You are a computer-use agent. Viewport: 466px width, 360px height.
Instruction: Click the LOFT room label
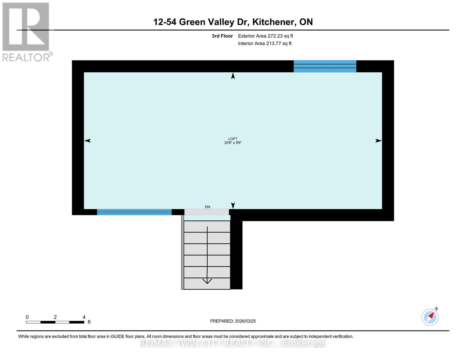tap(233, 139)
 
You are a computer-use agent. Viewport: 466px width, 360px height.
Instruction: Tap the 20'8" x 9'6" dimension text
tap(233, 143)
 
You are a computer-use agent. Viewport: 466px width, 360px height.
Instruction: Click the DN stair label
tap(207, 207)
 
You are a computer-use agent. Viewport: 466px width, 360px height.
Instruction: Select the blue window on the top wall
tap(325, 66)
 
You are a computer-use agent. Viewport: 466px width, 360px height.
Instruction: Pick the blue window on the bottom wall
tap(134, 212)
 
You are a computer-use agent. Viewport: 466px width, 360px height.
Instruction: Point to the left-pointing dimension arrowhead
tap(87, 141)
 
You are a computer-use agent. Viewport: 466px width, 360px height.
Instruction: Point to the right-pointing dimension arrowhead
tap(378, 141)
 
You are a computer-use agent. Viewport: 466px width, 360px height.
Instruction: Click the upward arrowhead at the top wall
tap(233, 76)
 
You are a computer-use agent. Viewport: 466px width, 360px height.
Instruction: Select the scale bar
tap(55, 322)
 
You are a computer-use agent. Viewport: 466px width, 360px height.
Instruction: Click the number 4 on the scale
tap(84, 317)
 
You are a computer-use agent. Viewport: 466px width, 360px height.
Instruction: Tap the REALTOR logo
tap(26, 31)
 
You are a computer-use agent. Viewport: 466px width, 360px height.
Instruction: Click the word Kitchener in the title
tap(273, 22)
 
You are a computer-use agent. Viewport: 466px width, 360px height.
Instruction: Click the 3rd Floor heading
tap(222, 36)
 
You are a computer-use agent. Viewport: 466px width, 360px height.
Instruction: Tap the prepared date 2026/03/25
tap(245, 321)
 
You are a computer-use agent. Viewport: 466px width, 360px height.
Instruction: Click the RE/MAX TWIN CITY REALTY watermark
tap(233, 343)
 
